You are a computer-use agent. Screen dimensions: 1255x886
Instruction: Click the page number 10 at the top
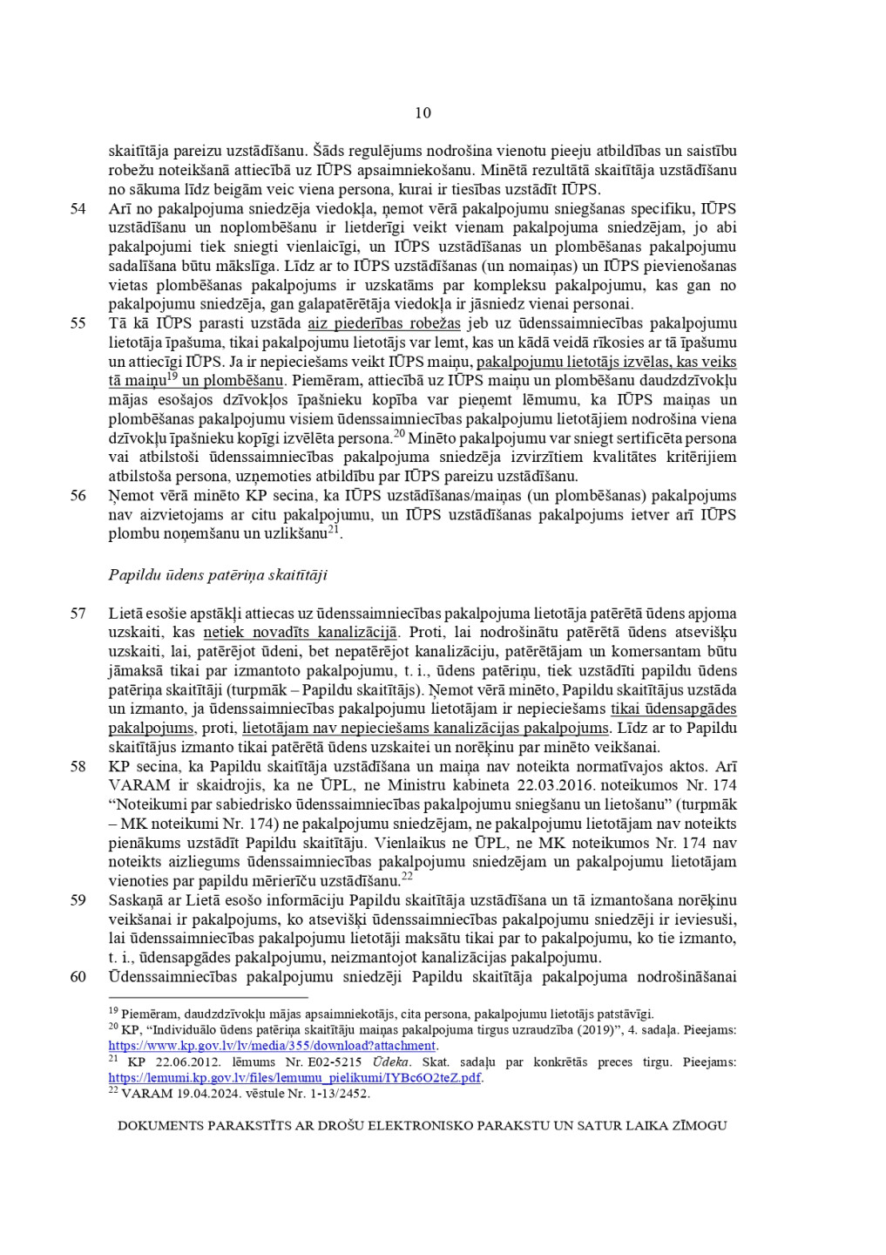[423, 112]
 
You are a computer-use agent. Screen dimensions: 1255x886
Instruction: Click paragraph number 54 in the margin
[78, 208]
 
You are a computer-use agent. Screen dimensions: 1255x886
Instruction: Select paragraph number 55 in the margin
[78, 323]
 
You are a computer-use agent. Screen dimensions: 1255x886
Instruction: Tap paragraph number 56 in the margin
[78, 496]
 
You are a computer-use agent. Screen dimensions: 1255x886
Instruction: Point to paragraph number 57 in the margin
[78, 614]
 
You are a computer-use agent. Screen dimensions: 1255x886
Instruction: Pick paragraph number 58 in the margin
[78, 767]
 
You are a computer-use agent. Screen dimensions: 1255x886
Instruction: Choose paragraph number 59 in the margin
[78, 900]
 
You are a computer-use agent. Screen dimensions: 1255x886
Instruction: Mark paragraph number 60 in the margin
[78, 977]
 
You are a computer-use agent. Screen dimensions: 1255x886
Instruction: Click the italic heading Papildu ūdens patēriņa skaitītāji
[218, 575]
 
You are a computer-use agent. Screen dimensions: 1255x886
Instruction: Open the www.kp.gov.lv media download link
[273, 1046]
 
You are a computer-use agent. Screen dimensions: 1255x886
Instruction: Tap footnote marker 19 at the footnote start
[112, 1011]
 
